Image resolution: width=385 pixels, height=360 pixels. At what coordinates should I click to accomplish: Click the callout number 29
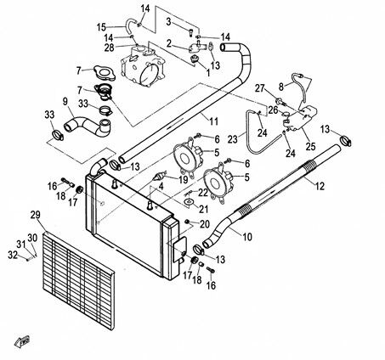click(36, 215)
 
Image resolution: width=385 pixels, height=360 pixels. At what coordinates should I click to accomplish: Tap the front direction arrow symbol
click(22, 340)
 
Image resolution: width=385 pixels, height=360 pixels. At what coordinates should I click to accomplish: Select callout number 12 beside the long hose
click(320, 186)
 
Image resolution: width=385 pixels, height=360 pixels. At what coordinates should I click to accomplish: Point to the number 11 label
click(214, 121)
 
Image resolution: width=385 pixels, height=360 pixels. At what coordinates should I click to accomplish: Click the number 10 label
click(247, 237)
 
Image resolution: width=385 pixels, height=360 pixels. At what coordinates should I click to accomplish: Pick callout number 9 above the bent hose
click(65, 102)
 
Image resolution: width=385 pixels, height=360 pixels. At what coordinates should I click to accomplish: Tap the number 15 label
click(101, 27)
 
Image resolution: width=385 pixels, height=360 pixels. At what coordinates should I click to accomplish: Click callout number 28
click(109, 48)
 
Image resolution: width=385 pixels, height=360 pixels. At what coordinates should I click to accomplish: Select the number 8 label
click(281, 87)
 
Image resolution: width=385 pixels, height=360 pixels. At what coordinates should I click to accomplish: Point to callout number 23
click(233, 139)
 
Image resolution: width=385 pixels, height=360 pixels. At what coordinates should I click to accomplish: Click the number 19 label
click(184, 179)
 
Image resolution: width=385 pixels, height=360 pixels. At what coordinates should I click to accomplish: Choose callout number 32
click(13, 255)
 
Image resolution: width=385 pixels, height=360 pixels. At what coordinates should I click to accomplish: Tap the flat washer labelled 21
click(188, 202)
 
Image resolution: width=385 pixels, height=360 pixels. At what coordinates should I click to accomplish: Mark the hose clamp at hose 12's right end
click(346, 140)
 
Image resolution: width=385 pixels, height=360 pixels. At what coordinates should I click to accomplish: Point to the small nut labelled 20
click(187, 221)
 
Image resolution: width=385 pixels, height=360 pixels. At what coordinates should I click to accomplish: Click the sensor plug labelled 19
click(159, 176)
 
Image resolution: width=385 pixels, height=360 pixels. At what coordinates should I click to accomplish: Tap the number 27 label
click(260, 88)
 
